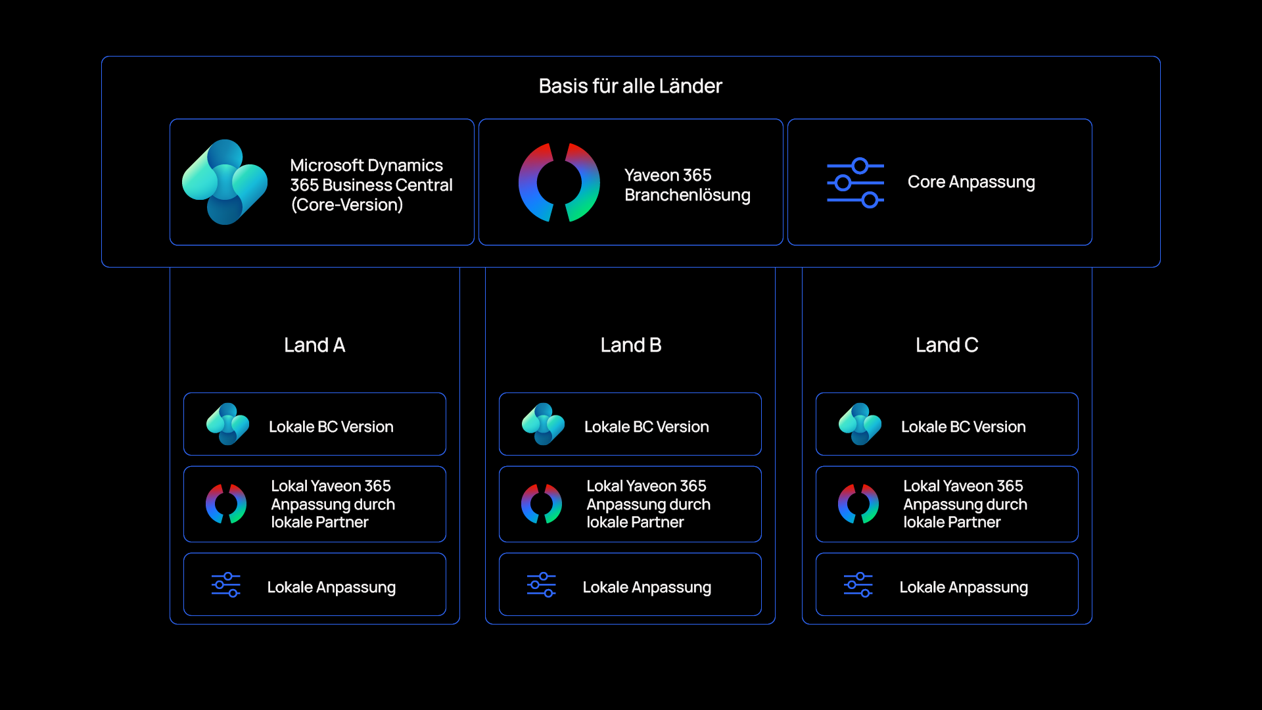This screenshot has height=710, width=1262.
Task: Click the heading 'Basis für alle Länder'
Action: [630, 86]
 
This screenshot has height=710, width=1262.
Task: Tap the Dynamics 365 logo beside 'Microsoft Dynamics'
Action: [225, 182]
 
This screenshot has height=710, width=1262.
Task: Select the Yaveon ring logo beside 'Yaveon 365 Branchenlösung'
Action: [559, 182]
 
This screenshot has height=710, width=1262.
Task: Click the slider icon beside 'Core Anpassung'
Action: [855, 183]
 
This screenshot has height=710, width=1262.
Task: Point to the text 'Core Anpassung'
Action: [971, 182]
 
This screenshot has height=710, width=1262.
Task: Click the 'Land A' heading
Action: [314, 345]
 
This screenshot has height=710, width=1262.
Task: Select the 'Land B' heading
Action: [631, 345]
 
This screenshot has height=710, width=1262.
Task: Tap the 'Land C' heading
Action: [947, 345]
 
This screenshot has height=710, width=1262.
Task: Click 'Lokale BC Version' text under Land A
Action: [331, 427]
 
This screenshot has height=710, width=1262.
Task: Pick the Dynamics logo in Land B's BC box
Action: [543, 424]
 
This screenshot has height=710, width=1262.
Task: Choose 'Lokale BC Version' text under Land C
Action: [963, 427]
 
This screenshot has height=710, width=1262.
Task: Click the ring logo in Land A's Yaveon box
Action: [226, 504]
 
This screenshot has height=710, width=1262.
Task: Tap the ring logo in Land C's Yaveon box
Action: [858, 504]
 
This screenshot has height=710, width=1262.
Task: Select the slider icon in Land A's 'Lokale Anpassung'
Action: [226, 585]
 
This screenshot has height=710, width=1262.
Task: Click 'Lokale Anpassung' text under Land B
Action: [647, 587]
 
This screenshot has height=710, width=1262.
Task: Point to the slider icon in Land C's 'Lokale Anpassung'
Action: [858, 585]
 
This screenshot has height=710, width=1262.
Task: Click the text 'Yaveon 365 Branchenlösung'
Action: [688, 185]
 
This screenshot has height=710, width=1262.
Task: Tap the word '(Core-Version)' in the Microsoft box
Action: [347, 205]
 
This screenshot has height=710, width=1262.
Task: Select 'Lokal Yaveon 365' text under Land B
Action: [646, 486]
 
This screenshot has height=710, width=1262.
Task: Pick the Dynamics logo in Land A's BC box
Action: [227, 424]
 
